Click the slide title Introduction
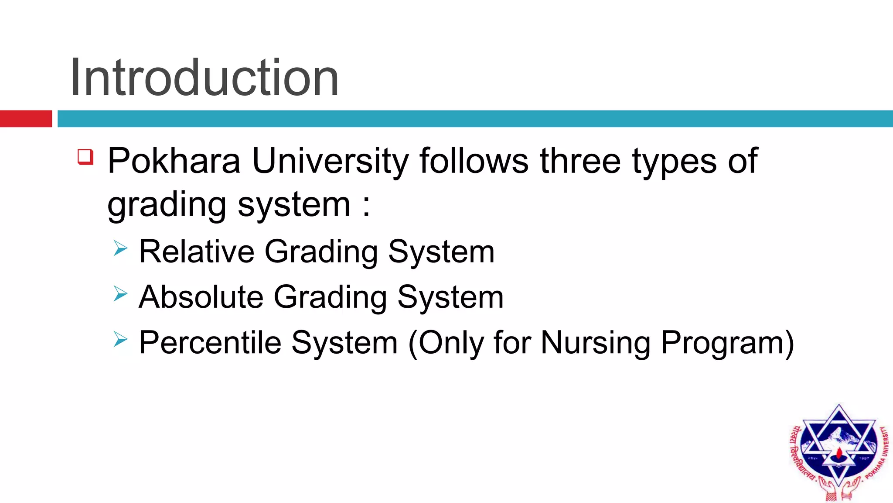204,78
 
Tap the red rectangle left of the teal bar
26,119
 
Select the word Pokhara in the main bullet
174,161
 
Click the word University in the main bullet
330,161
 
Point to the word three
580,161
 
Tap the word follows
474,161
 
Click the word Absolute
201,297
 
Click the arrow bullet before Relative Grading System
120,248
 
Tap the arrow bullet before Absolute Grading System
120,294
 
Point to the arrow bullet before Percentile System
120,339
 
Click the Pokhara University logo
838,452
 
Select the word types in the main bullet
674,162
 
